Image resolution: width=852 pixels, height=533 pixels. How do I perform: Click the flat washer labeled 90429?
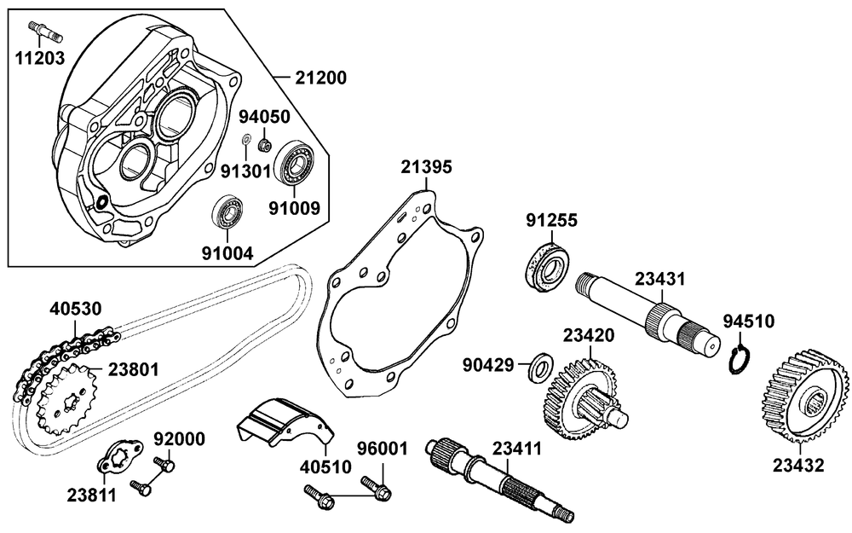pyautogui.click(x=539, y=366)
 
